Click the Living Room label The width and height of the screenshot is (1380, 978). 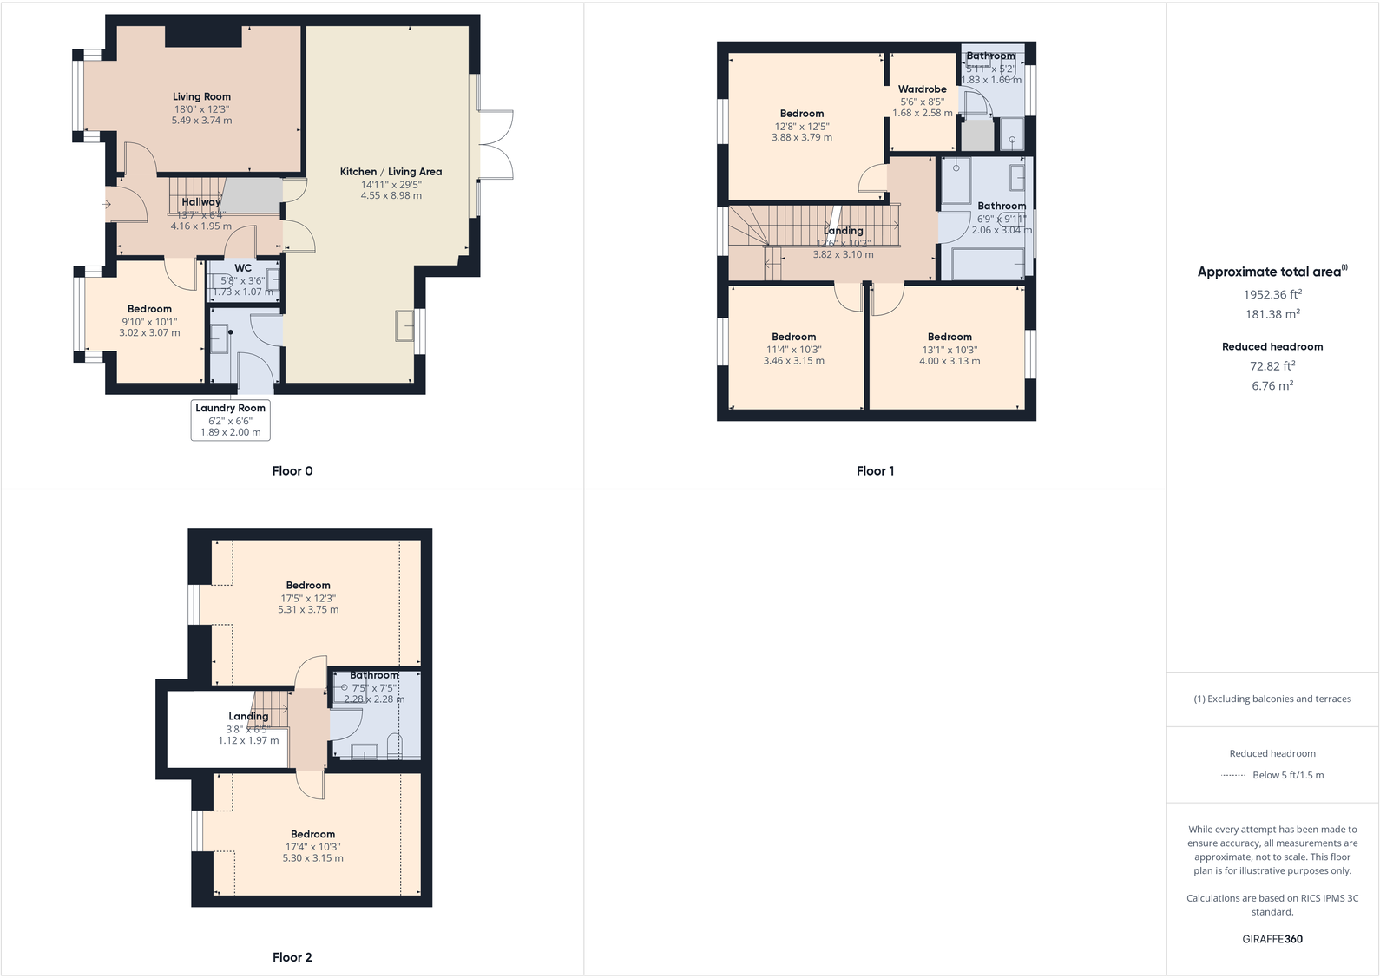(x=201, y=97)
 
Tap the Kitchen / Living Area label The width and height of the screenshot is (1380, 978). (x=391, y=172)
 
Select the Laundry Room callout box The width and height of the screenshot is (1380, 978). (x=230, y=420)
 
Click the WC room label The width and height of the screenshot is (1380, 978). (x=243, y=268)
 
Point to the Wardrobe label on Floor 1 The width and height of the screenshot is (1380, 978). (x=922, y=89)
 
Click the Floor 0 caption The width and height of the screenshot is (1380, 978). (x=292, y=471)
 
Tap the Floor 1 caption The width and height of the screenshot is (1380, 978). (x=875, y=471)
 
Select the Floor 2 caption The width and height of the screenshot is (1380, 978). (x=292, y=957)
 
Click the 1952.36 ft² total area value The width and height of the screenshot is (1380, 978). (x=1272, y=294)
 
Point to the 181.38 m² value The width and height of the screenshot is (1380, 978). (x=1272, y=314)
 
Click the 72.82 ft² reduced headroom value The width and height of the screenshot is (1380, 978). (x=1272, y=366)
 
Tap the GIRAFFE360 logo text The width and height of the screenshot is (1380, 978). (x=1272, y=939)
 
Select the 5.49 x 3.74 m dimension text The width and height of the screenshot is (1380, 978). (x=201, y=121)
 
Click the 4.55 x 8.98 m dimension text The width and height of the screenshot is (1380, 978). (x=391, y=196)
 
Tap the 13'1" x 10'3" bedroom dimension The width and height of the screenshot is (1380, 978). (x=950, y=350)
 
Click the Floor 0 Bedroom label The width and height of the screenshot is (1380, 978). (x=149, y=309)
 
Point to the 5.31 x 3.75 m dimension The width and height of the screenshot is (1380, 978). (x=308, y=610)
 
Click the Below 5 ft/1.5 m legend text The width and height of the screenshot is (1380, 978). (x=1288, y=775)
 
